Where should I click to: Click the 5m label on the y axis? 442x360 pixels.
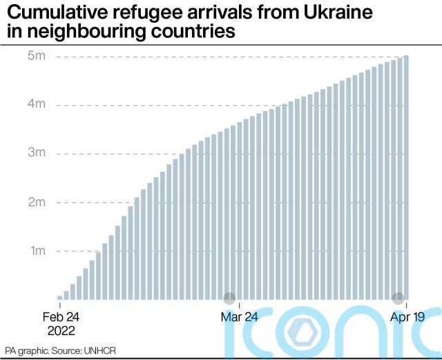pos(37,56)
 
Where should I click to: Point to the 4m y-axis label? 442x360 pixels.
pos(37,105)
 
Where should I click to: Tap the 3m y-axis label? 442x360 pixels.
pos(37,153)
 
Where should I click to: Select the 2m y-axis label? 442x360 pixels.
pos(37,202)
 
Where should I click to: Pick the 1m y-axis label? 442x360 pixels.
pos(37,251)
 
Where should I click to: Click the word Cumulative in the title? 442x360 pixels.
pos(59,12)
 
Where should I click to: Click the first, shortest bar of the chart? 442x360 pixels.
pos(60,297)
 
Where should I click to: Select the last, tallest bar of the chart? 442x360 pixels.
pos(407,177)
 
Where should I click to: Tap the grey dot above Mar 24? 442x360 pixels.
pos(229,299)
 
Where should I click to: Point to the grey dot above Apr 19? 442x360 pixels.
pos(398,299)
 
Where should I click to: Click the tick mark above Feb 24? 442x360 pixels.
pos(60,305)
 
